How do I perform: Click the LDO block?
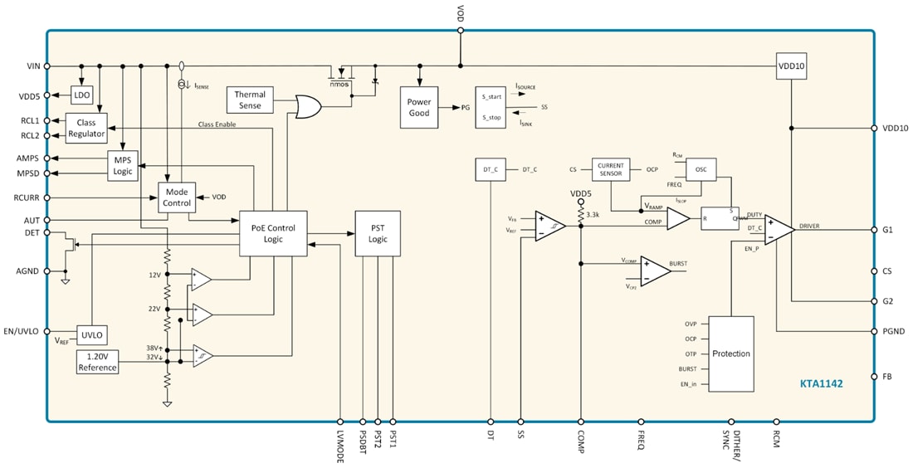coord(81,95)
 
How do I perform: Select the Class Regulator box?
coord(86,128)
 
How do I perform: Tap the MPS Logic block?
coord(123,165)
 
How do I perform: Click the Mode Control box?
coord(176,197)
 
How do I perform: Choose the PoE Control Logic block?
coord(272,233)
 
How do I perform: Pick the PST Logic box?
coord(378,233)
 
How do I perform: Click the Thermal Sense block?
coord(250,100)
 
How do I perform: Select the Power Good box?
coord(419,107)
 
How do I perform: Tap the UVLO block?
coord(90,334)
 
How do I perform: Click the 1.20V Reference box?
coord(97,362)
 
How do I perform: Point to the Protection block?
coord(730,353)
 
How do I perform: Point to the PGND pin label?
coord(893,331)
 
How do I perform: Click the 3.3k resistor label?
coord(592,214)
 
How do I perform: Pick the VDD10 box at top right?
coord(791,66)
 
